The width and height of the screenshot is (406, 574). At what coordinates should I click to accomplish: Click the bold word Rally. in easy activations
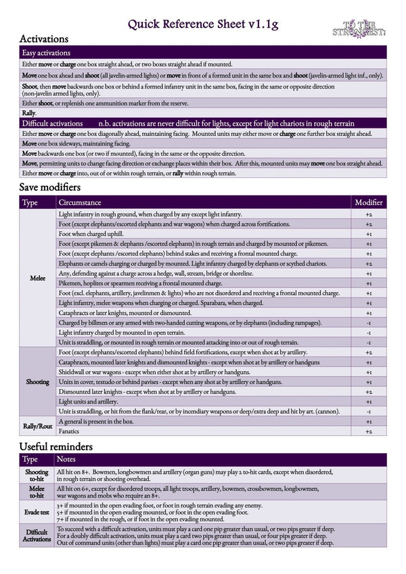pos(29,113)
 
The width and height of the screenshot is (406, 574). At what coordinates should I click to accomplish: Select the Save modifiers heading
pos(50,187)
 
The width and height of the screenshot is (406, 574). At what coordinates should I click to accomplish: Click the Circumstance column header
pos(80,202)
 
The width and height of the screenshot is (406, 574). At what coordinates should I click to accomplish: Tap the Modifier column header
pos(369,202)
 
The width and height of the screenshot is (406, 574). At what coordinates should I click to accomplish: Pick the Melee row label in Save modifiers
pos(38,278)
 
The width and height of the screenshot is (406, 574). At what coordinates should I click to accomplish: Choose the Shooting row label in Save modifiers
pos(38,382)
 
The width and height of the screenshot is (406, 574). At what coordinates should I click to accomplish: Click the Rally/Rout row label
pos(38,426)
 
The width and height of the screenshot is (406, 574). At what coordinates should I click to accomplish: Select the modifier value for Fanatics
pos(369,431)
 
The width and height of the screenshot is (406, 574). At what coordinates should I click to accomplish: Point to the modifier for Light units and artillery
pos(369,402)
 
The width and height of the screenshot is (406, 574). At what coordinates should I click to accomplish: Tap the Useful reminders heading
pos(55,447)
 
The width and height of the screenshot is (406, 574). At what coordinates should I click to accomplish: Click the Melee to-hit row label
pos(37,494)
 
